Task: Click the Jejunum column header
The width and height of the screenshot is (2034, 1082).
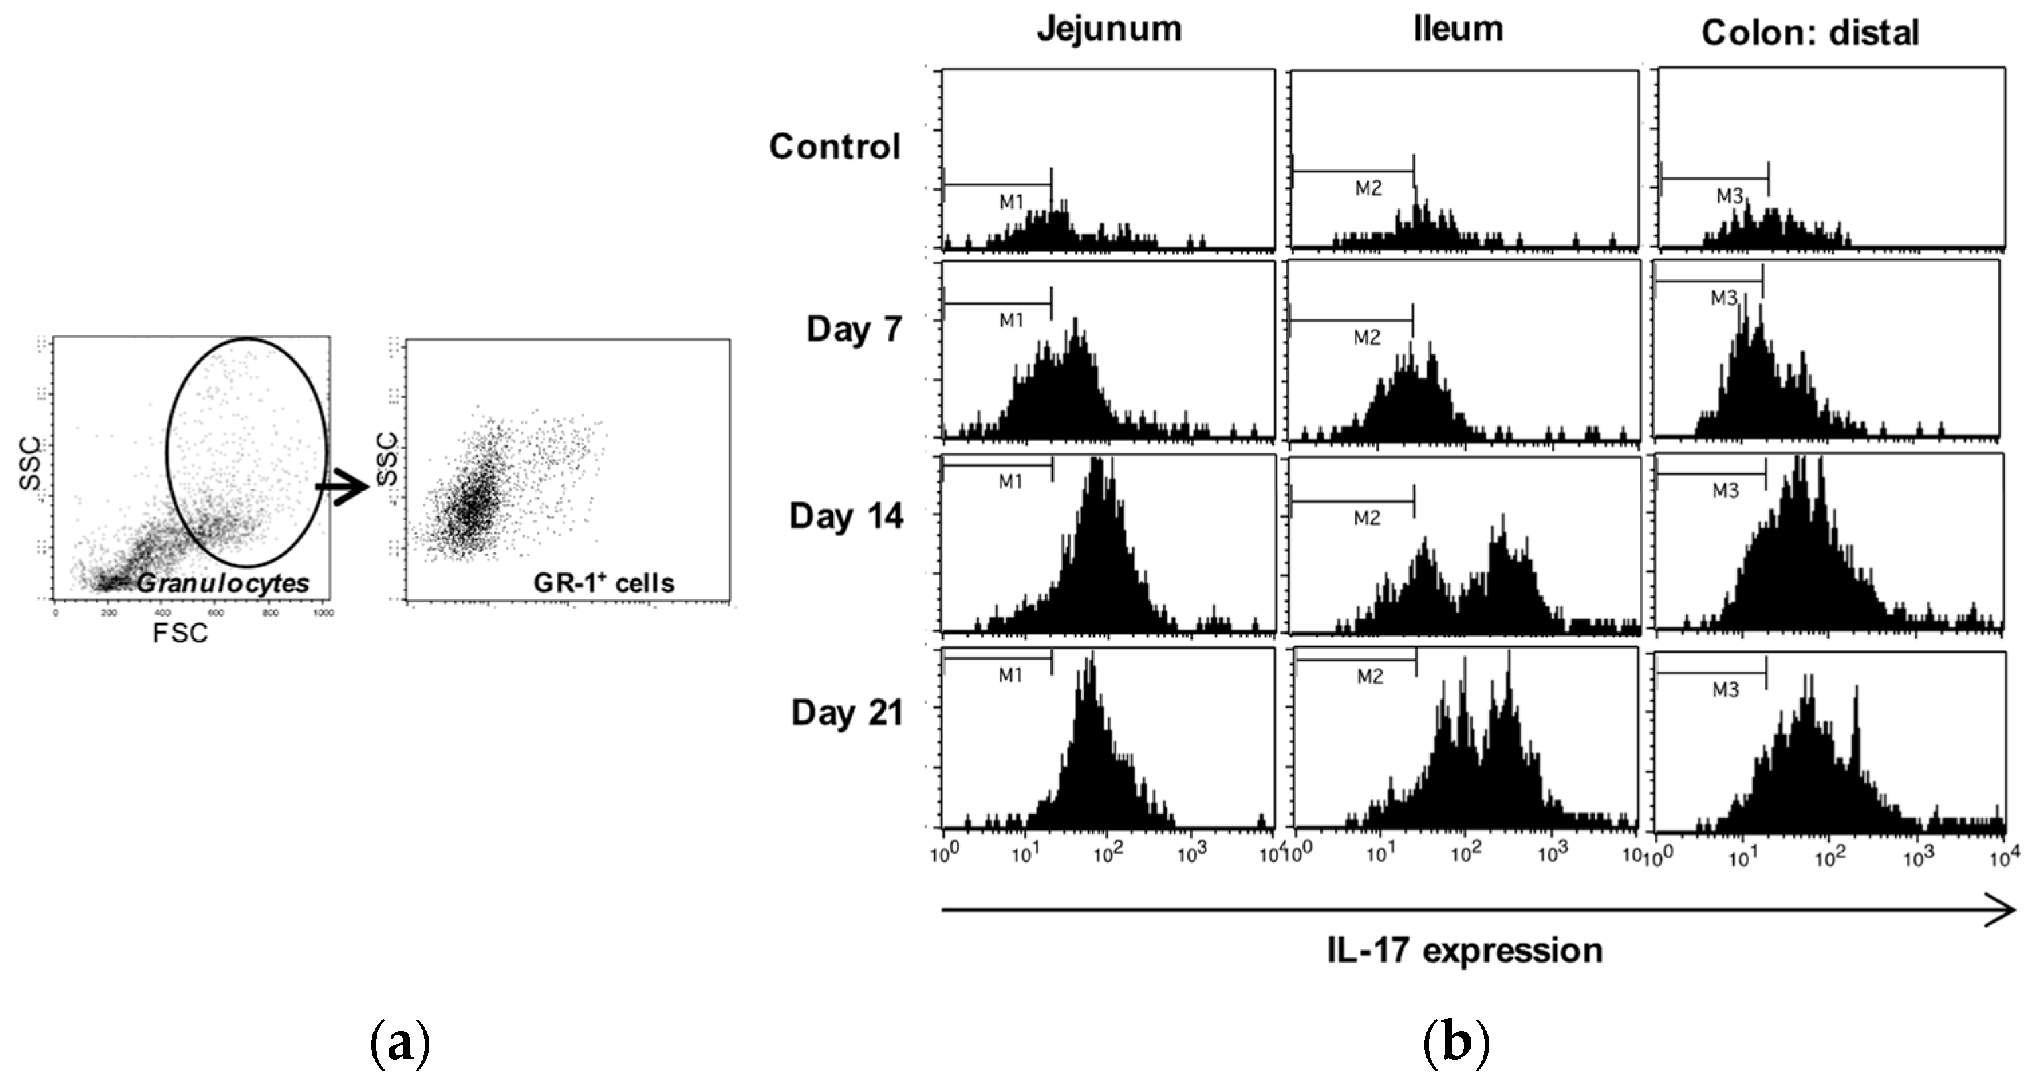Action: (1109, 30)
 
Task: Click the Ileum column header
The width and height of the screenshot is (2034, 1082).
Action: (1458, 29)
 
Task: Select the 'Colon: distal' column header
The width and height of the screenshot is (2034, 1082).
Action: (1809, 33)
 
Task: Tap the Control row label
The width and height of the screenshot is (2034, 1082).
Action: (835, 147)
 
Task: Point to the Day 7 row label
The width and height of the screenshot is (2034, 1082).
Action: (854, 329)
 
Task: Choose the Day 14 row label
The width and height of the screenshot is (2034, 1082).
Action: (845, 517)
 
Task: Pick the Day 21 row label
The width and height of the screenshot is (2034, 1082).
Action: (846, 712)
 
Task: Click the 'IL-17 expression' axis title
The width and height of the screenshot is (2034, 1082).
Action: (1465, 950)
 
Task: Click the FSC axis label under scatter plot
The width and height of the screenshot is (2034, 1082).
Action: (180, 633)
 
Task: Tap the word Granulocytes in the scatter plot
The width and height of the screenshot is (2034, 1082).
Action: (222, 584)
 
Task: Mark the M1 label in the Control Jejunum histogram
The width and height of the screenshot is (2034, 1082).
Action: (1012, 202)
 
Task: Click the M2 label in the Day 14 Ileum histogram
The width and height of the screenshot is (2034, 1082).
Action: (1367, 518)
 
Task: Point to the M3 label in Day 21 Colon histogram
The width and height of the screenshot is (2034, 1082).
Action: (1725, 690)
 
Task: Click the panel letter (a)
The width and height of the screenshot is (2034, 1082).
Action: (401, 1044)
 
